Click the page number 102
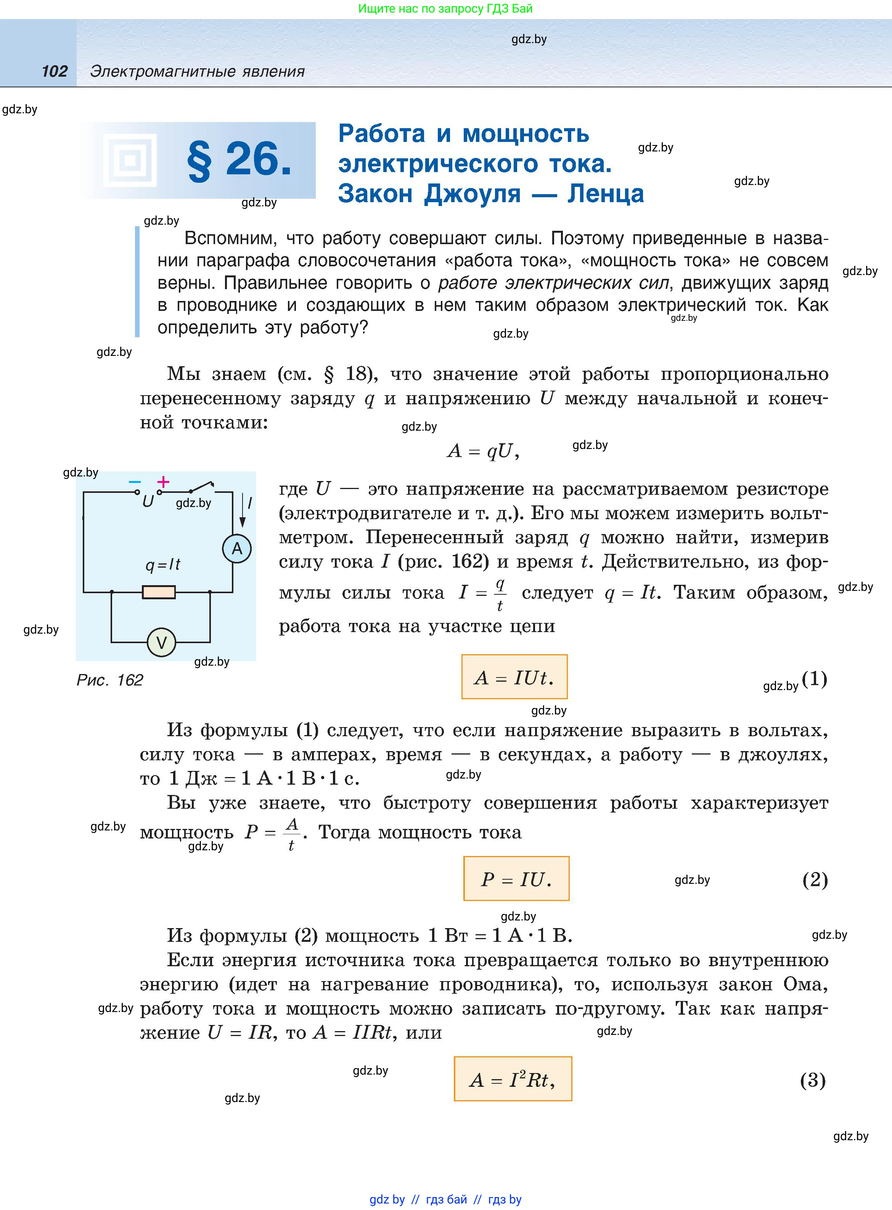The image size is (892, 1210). click(55, 71)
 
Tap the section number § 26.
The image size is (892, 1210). click(239, 160)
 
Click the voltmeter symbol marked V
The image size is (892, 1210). click(161, 642)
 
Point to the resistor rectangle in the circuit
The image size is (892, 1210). click(159, 592)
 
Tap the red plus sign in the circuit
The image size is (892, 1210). click(163, 482)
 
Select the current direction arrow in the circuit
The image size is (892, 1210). click(243, 511)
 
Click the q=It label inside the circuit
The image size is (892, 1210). click(162, 565)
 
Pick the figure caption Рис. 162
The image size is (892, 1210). click(109, 680)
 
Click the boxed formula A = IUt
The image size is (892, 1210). click(514, 677)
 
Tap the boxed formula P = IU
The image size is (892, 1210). click(516, 879)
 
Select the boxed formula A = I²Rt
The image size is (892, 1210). click(513, 1079)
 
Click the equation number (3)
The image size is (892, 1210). click(813, 1080)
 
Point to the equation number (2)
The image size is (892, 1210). click(815, 880)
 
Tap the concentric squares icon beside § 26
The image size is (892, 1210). click(130, 160)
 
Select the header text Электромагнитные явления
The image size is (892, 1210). click(197, 71)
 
